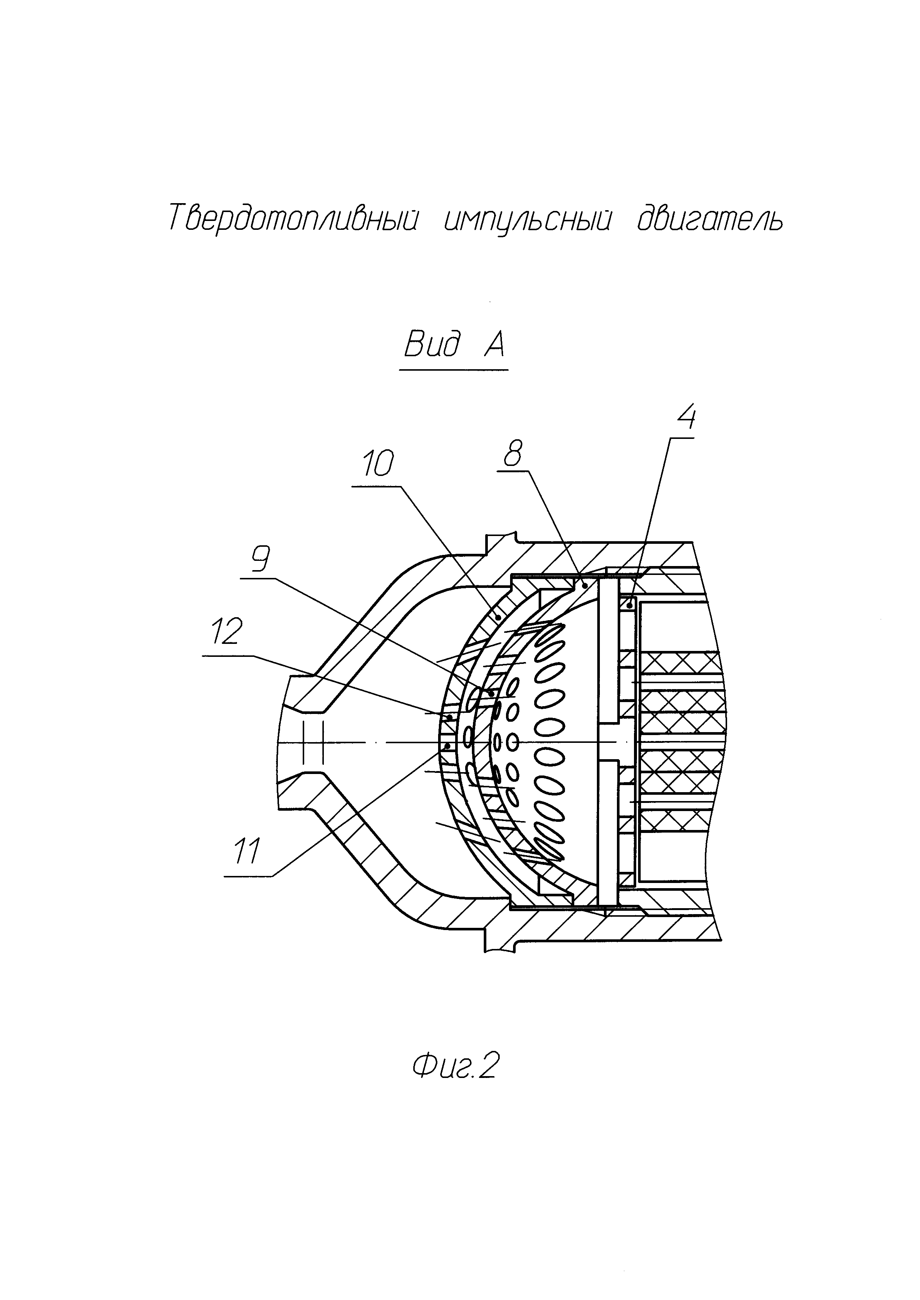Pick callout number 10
coord(377,464)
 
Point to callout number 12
coord(227,631)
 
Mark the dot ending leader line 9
coord(491,693)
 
